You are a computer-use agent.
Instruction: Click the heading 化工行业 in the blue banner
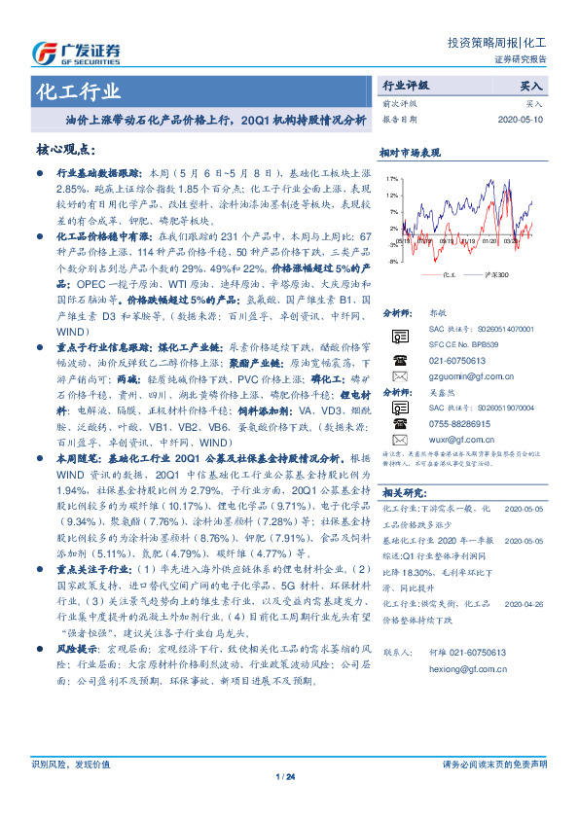tap(79, 92)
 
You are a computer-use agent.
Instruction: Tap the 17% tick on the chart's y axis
tap(390, 180)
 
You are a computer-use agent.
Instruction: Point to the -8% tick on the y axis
tap(391, 261)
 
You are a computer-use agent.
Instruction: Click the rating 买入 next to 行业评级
tap(532, 87)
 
